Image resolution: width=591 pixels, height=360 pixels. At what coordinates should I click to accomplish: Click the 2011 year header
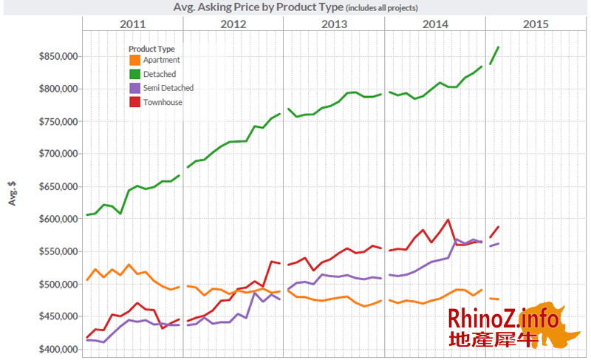[132, 24]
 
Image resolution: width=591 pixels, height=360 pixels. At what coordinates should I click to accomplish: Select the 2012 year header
[233, 24]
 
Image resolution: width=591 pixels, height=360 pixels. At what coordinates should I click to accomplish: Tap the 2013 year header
[334, 24]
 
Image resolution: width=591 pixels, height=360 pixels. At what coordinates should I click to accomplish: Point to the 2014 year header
[435, 24]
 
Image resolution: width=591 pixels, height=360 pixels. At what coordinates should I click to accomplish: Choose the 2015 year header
[536, 24]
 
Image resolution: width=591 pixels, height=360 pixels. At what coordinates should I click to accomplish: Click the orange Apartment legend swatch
[134, 60]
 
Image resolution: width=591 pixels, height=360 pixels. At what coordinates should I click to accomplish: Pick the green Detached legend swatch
[134, 74]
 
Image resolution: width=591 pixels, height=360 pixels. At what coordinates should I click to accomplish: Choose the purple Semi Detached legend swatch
[134, 88]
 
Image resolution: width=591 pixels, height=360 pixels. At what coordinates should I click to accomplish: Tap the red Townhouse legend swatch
[134, 102]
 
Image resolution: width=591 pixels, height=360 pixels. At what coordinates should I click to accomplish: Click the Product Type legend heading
[151, 49]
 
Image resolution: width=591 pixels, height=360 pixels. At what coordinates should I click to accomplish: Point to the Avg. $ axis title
[13, 194]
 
